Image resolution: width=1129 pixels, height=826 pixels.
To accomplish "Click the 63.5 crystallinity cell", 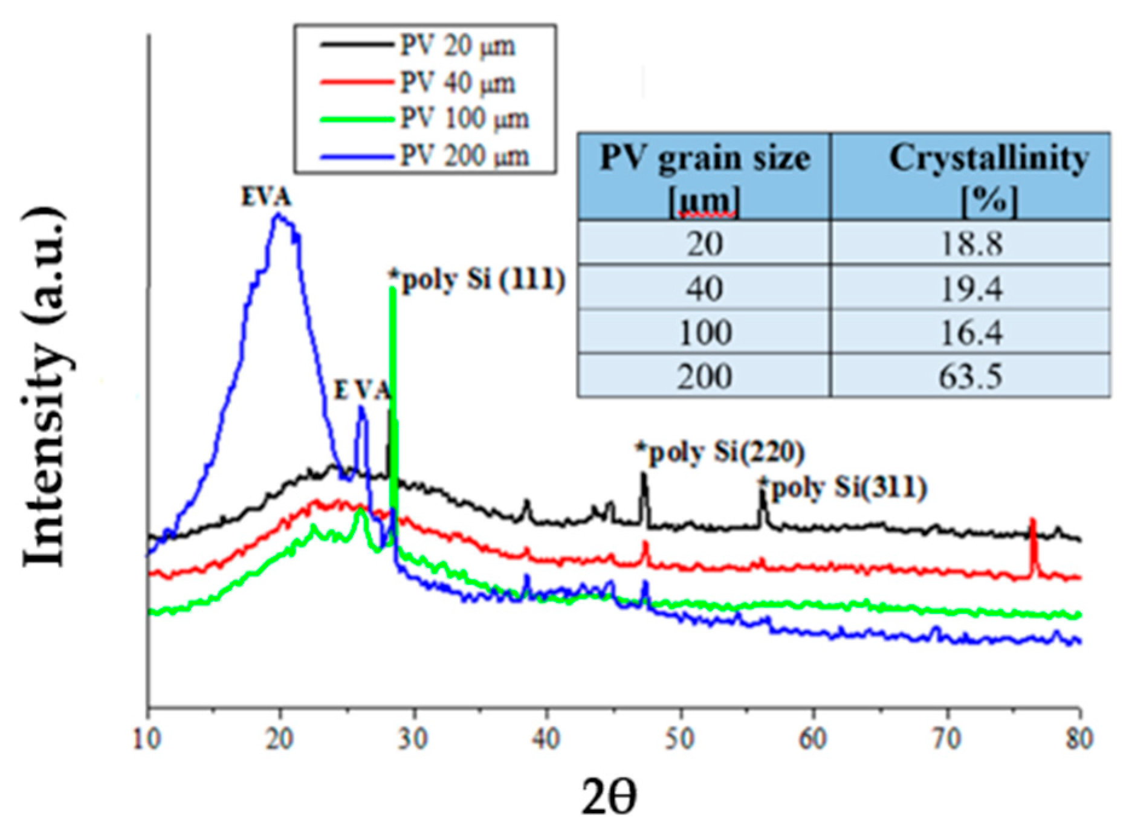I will tap(971, 376).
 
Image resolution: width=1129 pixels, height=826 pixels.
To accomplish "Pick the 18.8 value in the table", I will tap(971, 244).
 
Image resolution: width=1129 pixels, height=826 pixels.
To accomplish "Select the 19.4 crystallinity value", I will tap(971, 288).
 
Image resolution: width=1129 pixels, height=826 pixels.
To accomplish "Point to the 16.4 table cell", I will tap(971, 332).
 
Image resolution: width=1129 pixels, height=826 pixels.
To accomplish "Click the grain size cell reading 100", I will tap(705, 332).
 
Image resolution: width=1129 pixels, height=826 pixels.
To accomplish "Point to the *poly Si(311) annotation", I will tap(843, 488).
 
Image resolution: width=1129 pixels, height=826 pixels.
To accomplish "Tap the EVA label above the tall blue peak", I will tap(266, 198).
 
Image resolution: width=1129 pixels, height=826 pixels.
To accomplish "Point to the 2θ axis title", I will tap(608, 797).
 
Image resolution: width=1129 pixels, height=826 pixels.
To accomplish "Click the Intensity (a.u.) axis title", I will tap(44, 387).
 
